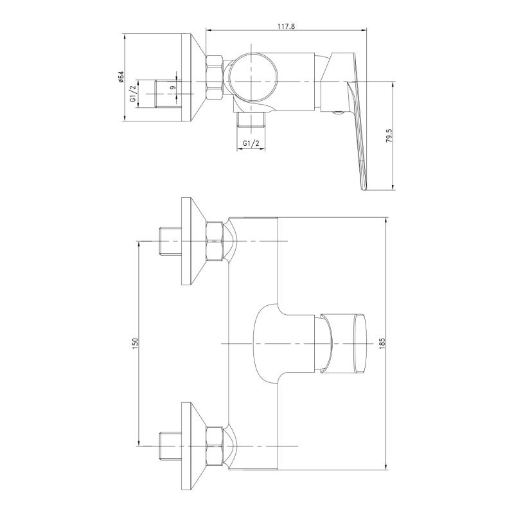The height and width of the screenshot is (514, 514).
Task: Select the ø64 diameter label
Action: [121, 78]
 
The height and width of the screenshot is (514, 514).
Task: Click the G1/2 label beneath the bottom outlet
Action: [252, 143]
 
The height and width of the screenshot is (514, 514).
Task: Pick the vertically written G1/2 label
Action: [133, 94]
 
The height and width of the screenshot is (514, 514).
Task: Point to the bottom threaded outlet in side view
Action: [251, 120]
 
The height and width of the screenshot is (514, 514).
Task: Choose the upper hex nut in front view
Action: [215, 242]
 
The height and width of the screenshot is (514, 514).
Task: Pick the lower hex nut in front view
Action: [215, 445]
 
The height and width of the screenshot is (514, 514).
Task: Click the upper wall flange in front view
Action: [193, 242]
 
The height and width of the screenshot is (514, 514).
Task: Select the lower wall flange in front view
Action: [193, 445]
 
